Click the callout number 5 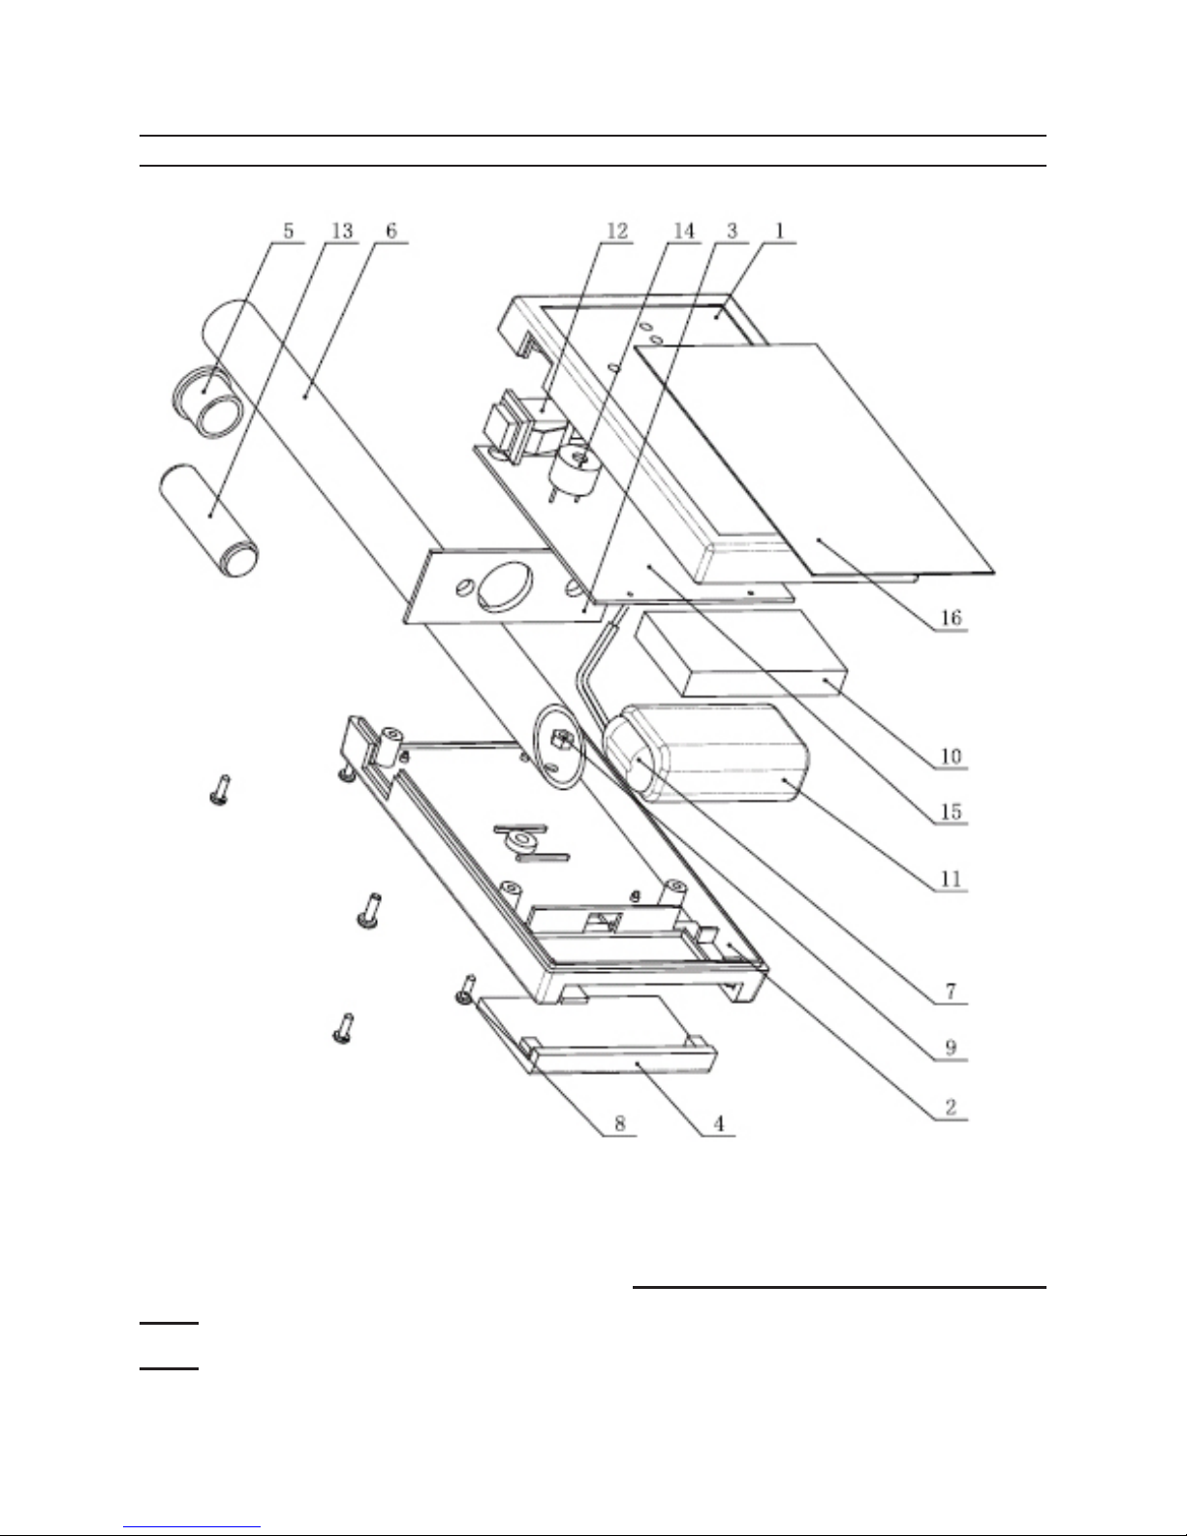[x=289, y=231]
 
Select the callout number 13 [x=342, y=231]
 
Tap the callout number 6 [x=391, y=231]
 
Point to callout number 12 [x=617, y=231]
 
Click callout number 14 [x=684, y=231]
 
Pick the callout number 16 [x=951, y=617]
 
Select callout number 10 [x=951, y=756]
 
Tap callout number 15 [x=951, y=811]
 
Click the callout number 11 [x=951, y=879]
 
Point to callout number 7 [x=951, y=991]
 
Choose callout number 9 [x=951, y=1048]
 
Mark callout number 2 [x=951, y=1108]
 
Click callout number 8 [x=619, y=1124]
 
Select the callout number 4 [x=719, y=1124]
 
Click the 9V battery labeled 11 [x=705, y=754]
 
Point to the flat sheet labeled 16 [x=814, y=459]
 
